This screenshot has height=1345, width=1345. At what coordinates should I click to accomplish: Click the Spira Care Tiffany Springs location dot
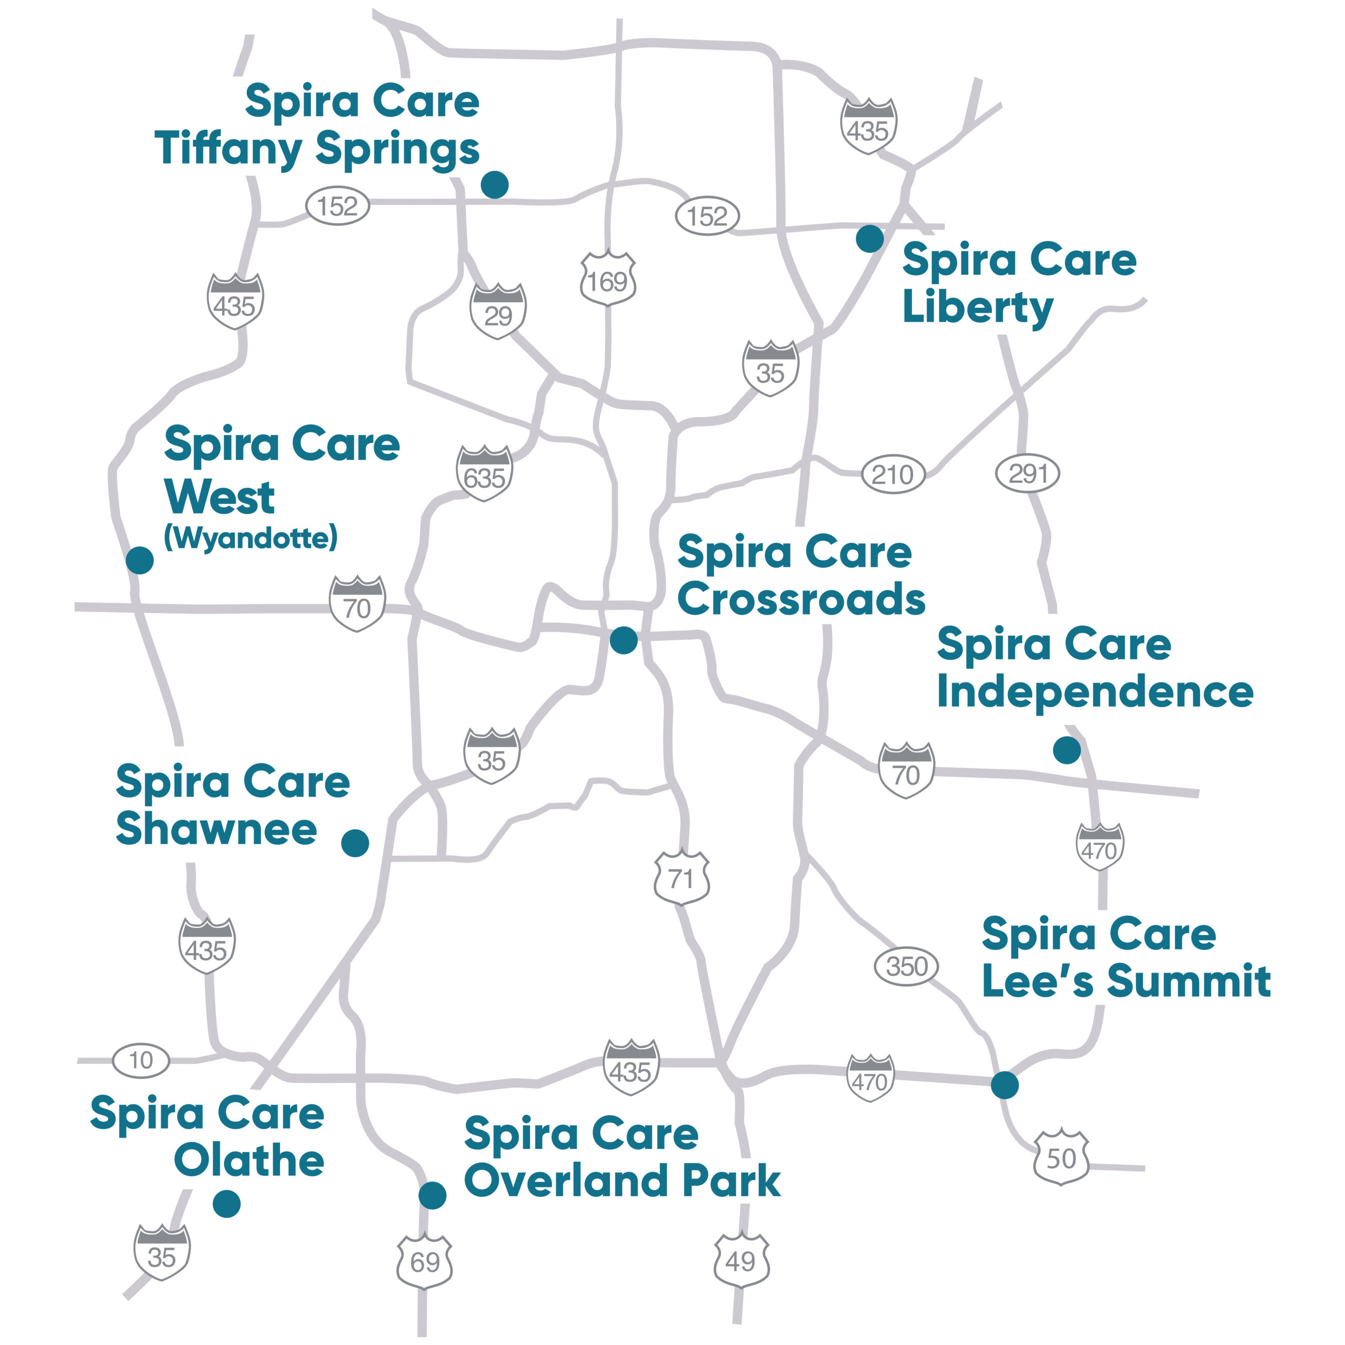(x=494, y=184)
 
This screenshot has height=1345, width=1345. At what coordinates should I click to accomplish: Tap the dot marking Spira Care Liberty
(x=870, y=239)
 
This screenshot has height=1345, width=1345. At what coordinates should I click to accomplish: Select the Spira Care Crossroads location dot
(x=623, y=640)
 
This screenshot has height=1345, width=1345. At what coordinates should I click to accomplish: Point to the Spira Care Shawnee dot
(x=355, y=843)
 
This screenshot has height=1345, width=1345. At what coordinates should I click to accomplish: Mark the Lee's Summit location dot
(x=1005, y=1084)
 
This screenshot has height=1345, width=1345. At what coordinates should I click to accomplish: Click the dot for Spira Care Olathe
(x=226, y=1203)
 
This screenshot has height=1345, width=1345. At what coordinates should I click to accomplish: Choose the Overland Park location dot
(x=432, y=1195)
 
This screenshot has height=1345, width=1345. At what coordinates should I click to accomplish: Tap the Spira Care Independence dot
(x=1067, y=750)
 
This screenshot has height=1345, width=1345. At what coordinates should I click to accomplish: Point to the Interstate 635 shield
(x=484, y=474)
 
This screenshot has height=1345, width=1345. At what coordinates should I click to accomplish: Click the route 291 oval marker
(x=1028, y=473)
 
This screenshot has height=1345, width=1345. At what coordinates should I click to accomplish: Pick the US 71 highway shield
(x=681, y=878)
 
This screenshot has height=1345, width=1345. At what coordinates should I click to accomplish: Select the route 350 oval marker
(x=906, y=966)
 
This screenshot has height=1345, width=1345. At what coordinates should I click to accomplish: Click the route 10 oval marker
(x=141, y=1060)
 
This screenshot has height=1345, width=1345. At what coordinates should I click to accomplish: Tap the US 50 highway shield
(x=1061, y=1158)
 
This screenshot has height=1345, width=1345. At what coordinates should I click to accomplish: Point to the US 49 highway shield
(x=741, y=1261)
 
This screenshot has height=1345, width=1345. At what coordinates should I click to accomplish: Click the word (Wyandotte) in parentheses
(x=251, y=537)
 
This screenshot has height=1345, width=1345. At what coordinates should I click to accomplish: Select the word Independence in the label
(x=1095, y=692)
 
